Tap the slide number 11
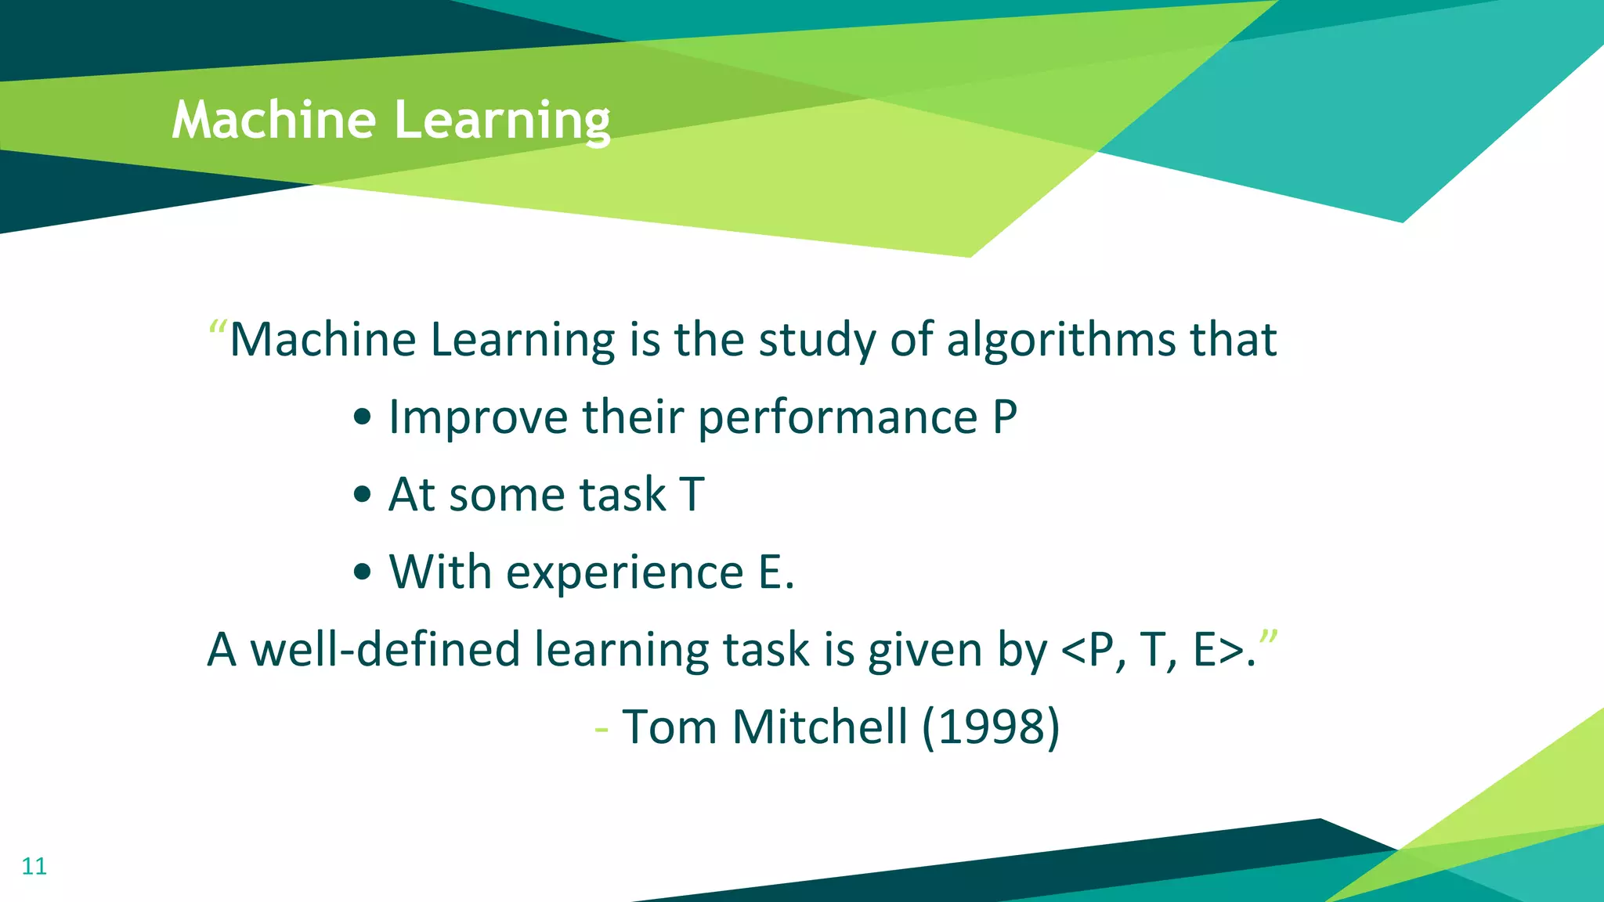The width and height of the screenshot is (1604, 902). coord(34,866)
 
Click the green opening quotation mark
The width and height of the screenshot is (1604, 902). coord(218,327)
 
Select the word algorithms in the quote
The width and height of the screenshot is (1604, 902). coord(1061,340)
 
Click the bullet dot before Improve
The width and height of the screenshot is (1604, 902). coord(362,417)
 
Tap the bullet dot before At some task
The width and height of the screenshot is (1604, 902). coord(362,495)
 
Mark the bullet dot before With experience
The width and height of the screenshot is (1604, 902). coord(362,572)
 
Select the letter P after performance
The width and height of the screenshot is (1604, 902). coord(1005,417)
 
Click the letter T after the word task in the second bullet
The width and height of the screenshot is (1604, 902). coord(692,495)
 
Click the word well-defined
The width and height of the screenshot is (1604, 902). coord(385,649)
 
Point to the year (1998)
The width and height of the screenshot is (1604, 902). coord(991,727)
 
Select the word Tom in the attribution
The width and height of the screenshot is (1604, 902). coord(670,727)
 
